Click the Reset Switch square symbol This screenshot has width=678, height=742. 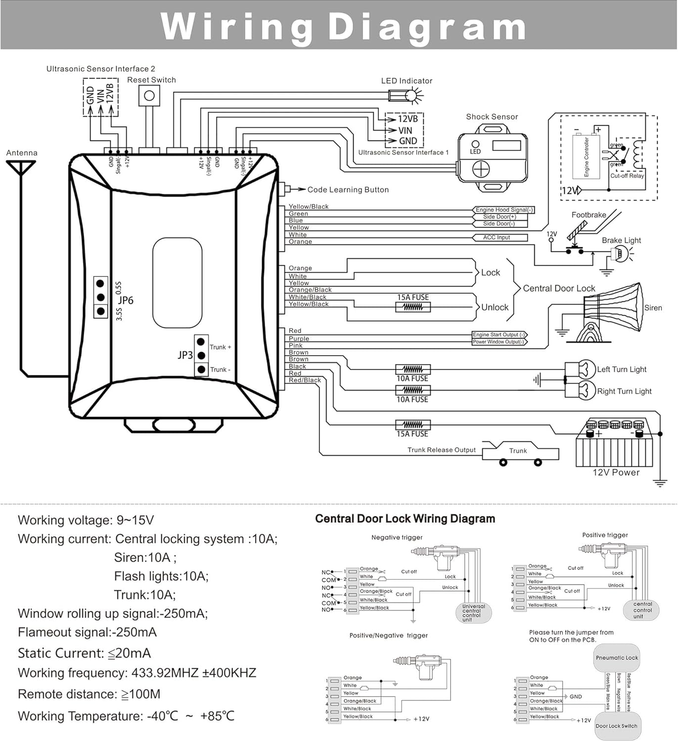[x=149, y=95]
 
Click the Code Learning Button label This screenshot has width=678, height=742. [x=348, y=189]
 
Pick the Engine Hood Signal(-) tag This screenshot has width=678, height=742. [x=503, y=210]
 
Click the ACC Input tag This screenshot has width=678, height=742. [x=497, y=237]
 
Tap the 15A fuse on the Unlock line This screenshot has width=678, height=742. [x=413, y=307]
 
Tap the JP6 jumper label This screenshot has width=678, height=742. [x=126, y=300]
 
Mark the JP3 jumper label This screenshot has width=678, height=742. [x=185, y=355]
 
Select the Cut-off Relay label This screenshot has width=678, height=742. [x=627, y=176]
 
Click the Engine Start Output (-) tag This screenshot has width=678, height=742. [x=499, y=335]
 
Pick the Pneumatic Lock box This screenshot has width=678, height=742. [x=617, y=658]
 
